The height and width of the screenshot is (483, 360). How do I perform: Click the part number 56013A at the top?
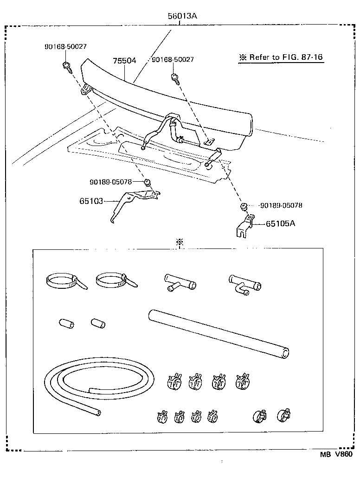[182, 16]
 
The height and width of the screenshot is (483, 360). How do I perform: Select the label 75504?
[124, 61]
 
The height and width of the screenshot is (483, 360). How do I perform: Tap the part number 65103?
[91, 201]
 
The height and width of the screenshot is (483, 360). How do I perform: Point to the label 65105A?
[281, 223]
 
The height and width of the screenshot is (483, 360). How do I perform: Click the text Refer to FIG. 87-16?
[281, 57]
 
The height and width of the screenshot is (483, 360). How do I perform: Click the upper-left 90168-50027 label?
[65, 47]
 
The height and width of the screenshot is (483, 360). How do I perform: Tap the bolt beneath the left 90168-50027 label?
[67, 67]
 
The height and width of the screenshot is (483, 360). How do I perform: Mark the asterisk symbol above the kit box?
[180, 242]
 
